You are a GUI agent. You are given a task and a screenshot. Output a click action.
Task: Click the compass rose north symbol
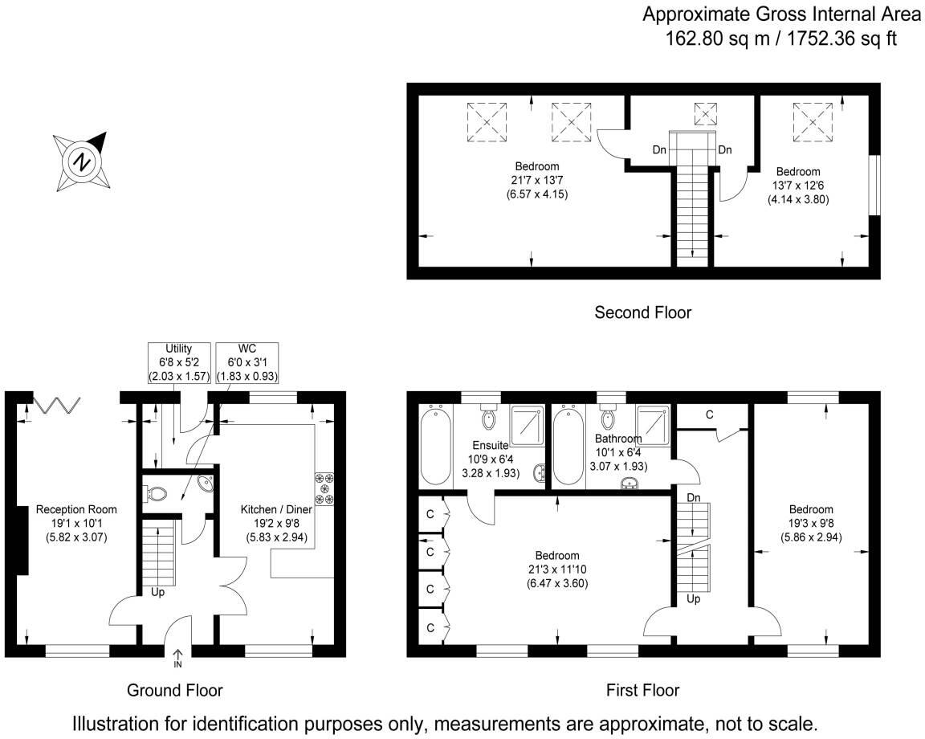pos(81,161)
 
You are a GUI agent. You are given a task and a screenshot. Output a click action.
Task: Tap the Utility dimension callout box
pos(177,362)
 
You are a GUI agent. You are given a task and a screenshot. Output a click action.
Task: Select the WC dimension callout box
pos(247,362)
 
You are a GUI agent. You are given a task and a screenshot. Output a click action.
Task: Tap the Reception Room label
pos(76,509)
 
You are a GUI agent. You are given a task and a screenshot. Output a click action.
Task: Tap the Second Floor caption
pos(642,312)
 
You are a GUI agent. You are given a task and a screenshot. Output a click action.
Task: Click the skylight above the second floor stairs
pos(705,114)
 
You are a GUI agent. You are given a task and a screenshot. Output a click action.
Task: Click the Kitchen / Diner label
pos(273,509)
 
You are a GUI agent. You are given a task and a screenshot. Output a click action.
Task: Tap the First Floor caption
pos(642,690)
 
